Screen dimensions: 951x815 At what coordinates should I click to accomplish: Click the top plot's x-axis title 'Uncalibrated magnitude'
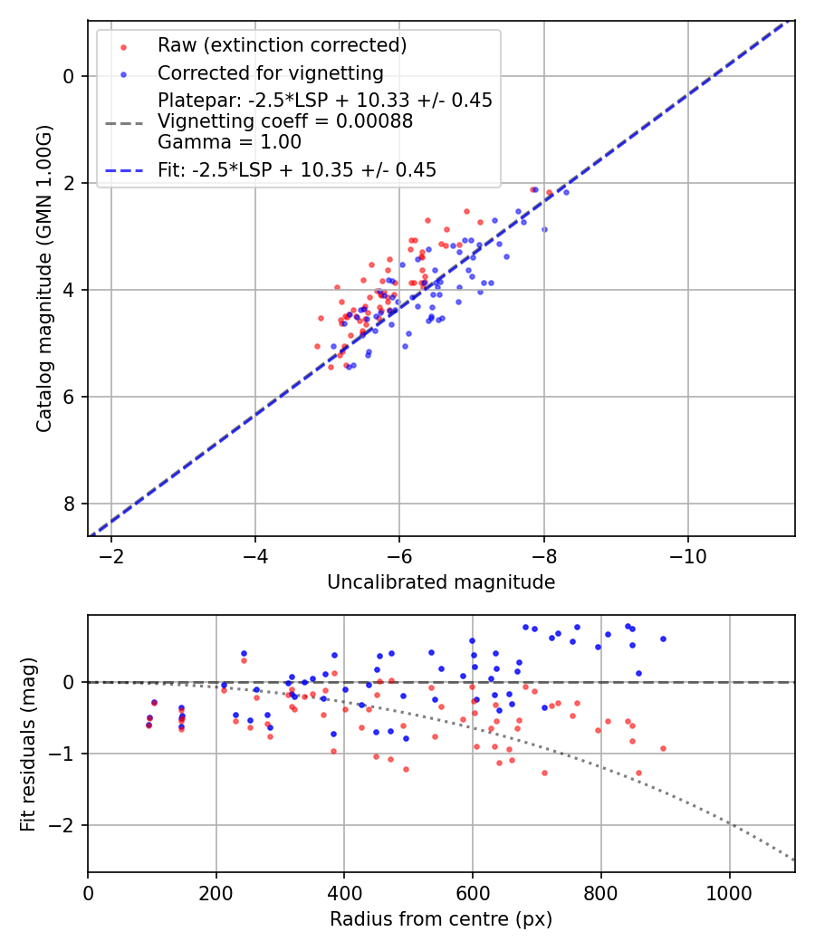(441, 582)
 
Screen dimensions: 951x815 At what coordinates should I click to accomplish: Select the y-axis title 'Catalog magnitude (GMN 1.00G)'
(44, 278)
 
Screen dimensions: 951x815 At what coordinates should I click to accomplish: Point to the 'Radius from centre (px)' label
(441, 919)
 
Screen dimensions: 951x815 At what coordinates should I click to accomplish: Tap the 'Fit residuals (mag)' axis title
(28, 744)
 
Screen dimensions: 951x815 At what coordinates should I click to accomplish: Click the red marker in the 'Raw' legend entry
(123, 46)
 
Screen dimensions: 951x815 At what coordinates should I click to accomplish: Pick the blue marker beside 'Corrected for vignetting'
(123, 73)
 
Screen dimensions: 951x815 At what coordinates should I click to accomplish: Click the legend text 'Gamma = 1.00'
(229, 142)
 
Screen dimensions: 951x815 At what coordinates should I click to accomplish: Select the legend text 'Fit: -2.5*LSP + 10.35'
(297, 170)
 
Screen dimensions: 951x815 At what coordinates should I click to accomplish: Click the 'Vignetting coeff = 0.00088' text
(285, 121)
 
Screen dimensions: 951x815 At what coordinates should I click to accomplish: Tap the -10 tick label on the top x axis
(687, 554)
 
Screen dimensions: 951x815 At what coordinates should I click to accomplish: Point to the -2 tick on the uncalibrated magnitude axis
(111, 554)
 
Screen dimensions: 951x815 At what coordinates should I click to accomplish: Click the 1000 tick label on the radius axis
(730, 891)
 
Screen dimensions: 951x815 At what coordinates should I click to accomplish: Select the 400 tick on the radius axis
(344, 891)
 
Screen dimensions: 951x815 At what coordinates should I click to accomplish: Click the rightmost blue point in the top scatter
(566, 192)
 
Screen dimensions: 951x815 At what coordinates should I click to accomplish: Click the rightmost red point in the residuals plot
(663, 748)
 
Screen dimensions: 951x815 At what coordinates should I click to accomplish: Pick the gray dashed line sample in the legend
(123, 122)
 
